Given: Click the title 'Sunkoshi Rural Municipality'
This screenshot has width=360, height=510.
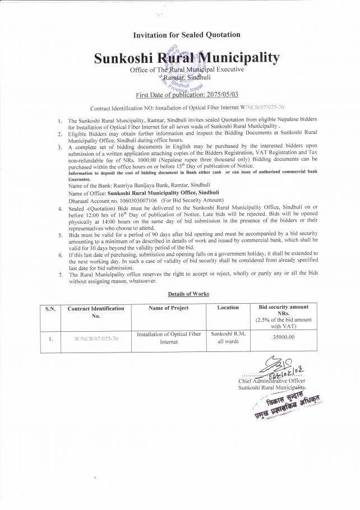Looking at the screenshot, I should tap(186, 58).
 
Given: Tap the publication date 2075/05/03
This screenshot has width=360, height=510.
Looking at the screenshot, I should tap(207, 95).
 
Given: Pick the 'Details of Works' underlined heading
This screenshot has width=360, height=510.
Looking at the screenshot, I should tap(188, 294).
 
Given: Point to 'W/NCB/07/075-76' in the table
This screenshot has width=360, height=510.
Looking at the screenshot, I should tap(95, 339).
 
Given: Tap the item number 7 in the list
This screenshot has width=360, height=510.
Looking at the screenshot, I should tap(60, 275).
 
